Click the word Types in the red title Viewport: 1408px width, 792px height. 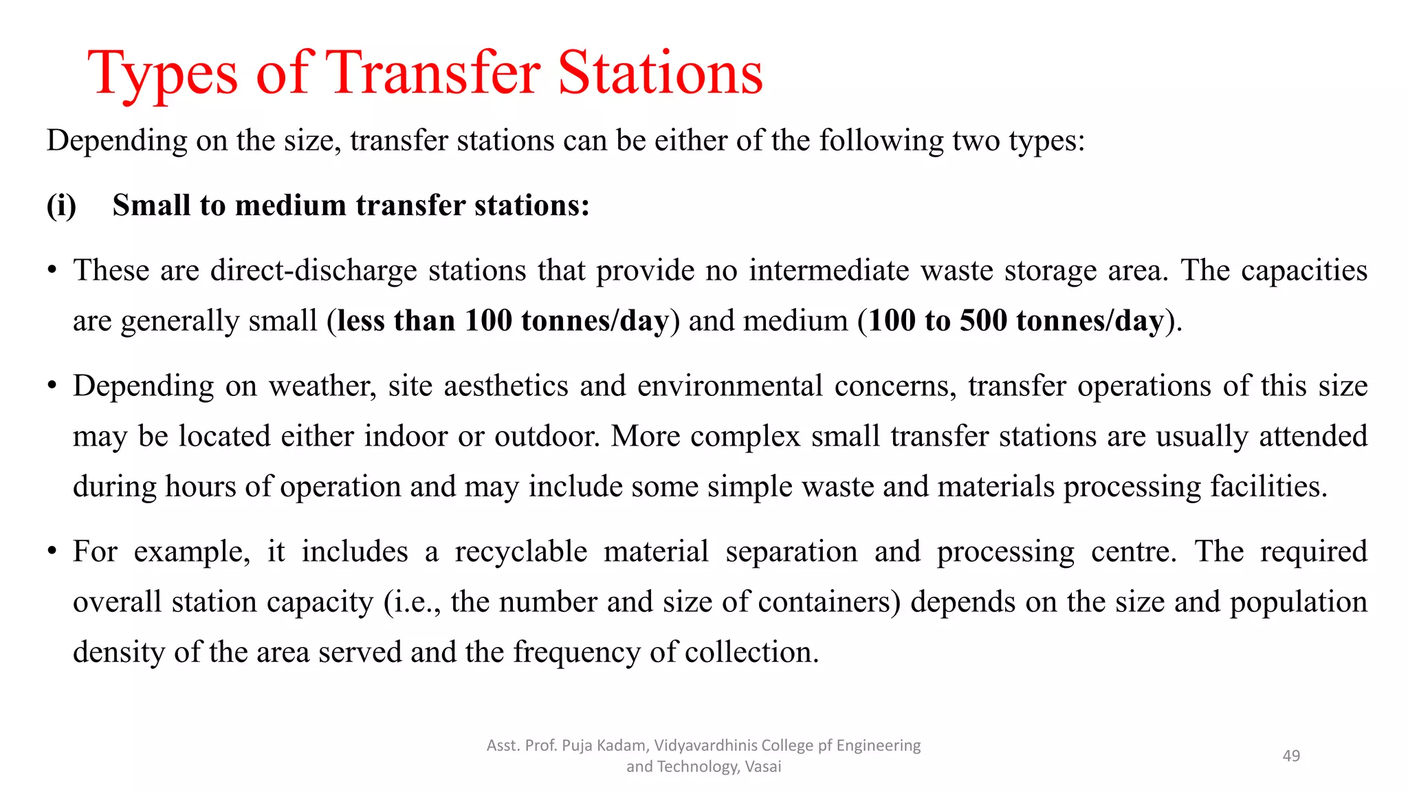click(x=163, y=74)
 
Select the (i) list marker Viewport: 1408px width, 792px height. click(x=61, y=206)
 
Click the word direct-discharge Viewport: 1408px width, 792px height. click(x=313, y=270)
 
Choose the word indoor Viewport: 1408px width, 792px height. click(x=406, y=436)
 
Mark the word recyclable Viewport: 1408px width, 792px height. click(x=521, y=551)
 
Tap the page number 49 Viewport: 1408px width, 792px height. click(x=1291, y=756)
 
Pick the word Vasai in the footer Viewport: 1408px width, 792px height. click(x=762, y=767)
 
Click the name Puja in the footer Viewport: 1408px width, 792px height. click(x=576, y=745)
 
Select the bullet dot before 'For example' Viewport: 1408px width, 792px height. click(x=52, y=551)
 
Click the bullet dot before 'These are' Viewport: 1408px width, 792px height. click(x=52, y=270)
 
